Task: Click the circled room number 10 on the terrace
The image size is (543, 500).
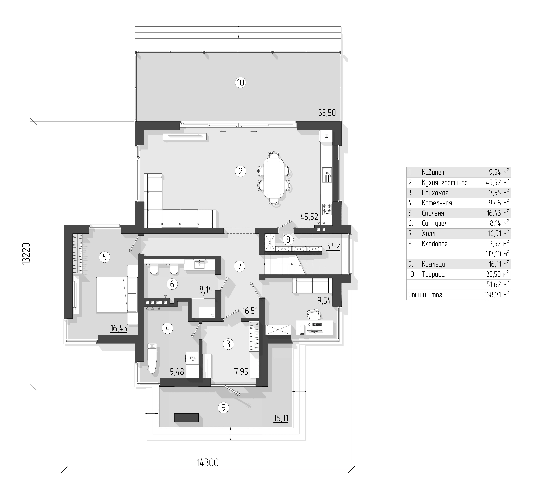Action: point(240,82)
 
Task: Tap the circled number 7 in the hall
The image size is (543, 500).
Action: point(239,266)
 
